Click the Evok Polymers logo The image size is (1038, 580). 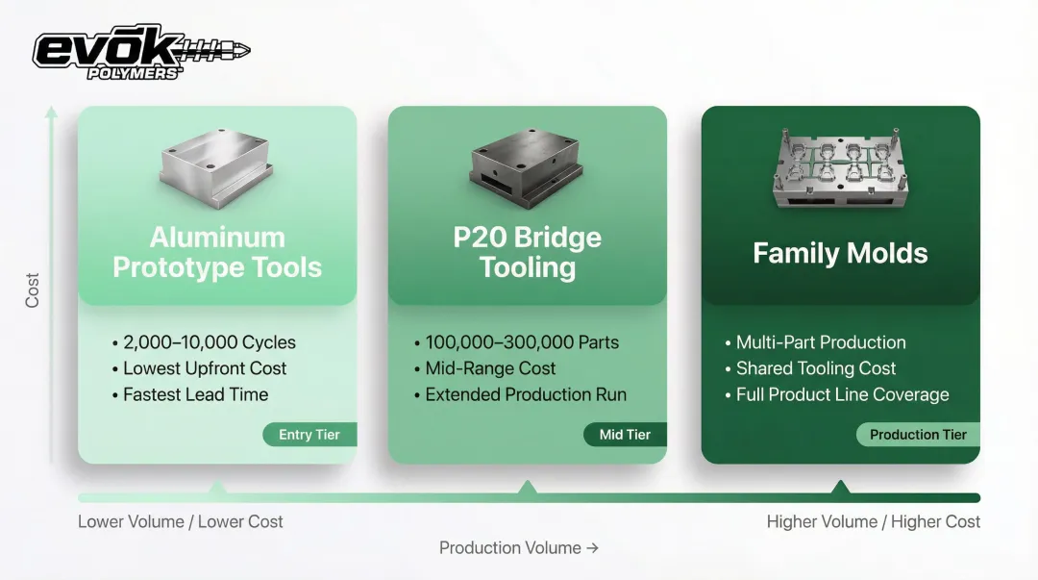[141, 52]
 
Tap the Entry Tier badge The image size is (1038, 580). [309, 435]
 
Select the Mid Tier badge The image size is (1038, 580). [625, 435]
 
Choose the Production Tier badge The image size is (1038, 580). [918, 435]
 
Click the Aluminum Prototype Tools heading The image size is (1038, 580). [217, 253]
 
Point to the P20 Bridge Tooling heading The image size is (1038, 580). [528, 253]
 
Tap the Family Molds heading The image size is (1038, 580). [840, 253]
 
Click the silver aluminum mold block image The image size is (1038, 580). [216, 166]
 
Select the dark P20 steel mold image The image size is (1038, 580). [527, 166]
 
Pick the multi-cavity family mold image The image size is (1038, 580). [840, 167]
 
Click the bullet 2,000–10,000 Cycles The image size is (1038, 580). [204, 342]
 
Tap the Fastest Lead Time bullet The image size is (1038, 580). [190, 395]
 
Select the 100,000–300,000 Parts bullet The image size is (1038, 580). [516, 342]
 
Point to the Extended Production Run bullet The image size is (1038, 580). [520, 395]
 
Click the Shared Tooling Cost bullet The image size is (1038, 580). [810, 368]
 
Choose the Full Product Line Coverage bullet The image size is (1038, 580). [837, 395]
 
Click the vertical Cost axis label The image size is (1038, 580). [32, 290]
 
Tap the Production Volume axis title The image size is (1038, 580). [519, 548]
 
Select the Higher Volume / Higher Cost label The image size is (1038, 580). [873, 521]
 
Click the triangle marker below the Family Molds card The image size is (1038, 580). [840, 488]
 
